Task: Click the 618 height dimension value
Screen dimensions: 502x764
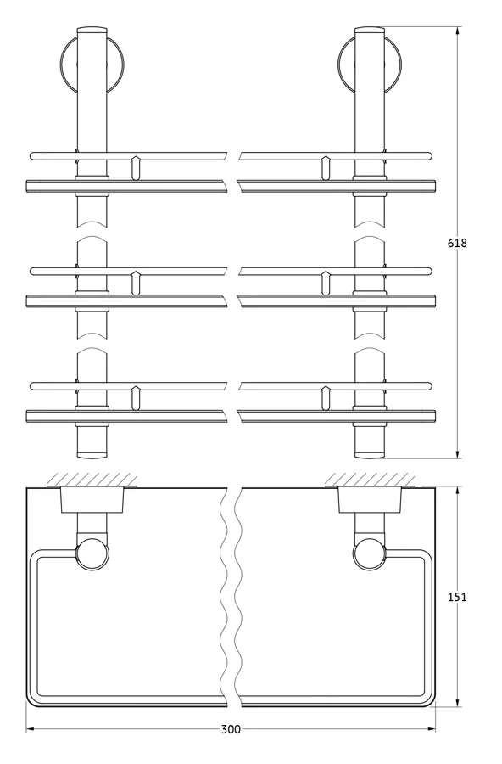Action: point(457,243)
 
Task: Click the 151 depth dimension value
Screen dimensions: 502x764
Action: point(457,597)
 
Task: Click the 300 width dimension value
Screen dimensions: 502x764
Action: point(231,729)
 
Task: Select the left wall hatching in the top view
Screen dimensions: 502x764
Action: point(92,480)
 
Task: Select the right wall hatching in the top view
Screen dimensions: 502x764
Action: point(370,480)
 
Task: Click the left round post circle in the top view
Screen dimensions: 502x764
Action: point(92,553)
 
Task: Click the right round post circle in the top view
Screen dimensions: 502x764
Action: point(370,553)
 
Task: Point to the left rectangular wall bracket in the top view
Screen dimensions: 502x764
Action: point(92,500)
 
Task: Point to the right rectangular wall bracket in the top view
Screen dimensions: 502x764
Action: point(370,500)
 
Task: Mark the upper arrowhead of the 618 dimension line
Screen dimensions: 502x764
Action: point(458,32)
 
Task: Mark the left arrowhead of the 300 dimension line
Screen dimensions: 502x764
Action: point(31,729)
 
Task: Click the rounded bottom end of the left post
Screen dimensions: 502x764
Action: point(92,455)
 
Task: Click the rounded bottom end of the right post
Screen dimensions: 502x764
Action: point(370,455)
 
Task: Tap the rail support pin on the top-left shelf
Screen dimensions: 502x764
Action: point(136,168)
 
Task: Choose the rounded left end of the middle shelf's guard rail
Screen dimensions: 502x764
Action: point(33,272)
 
